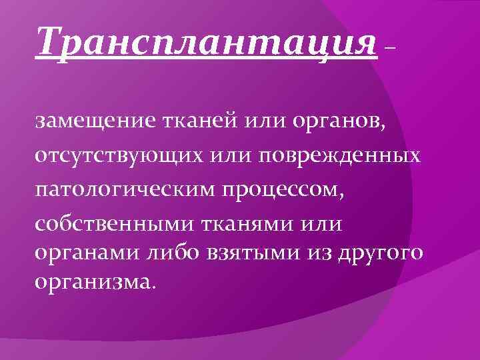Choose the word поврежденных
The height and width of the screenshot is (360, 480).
tap(345, 157)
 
